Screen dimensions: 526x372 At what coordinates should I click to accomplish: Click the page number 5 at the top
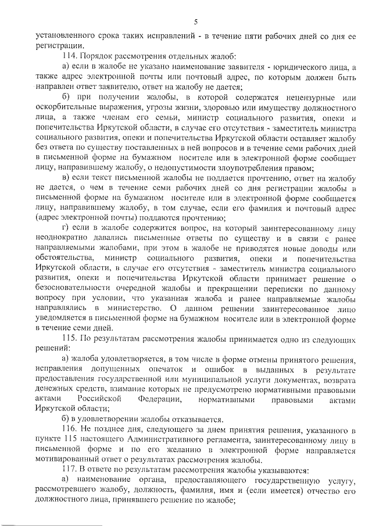[196, 22]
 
